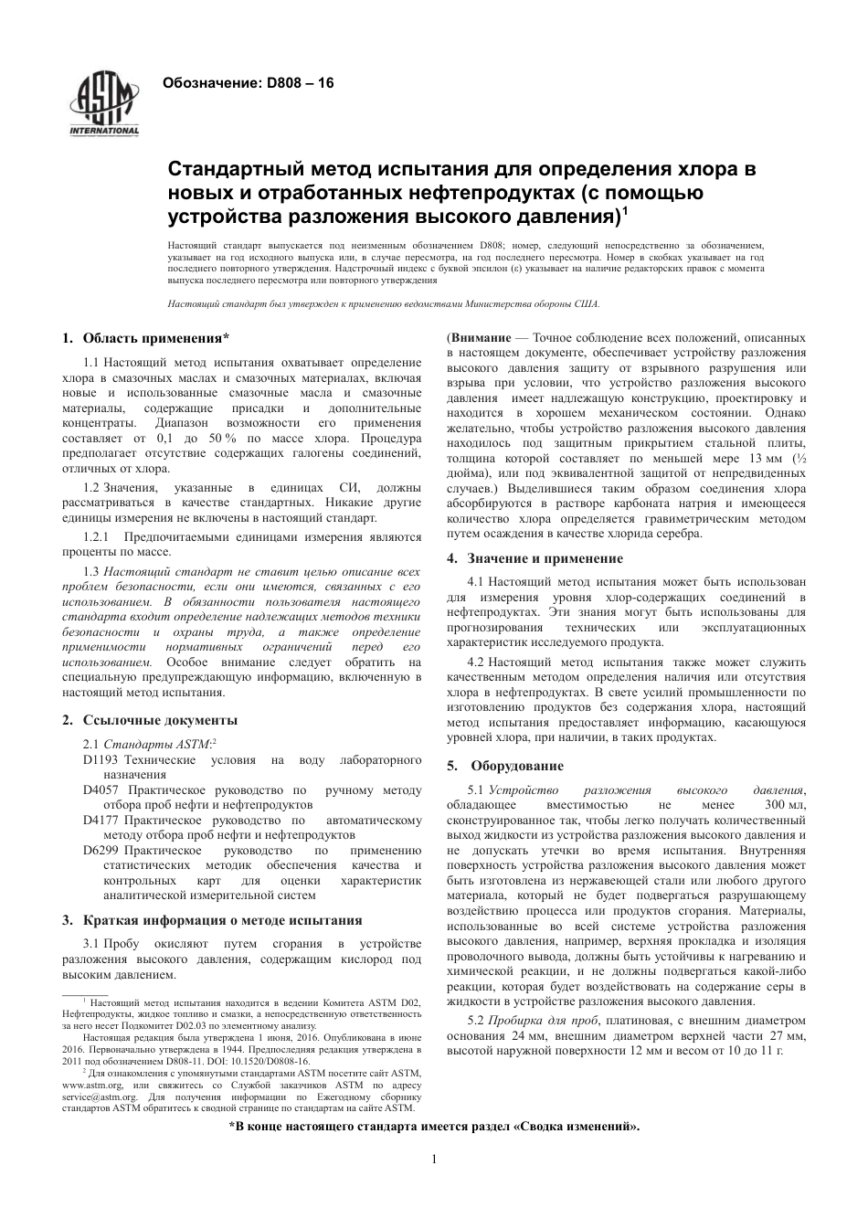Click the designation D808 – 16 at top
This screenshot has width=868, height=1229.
click(248, 83)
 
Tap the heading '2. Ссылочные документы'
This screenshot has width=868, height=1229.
click(150, 720)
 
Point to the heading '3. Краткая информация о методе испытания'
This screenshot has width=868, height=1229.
click(211, 920)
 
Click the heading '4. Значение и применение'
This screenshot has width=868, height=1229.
click(535, 558)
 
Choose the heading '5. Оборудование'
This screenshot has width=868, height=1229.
click(505, 766)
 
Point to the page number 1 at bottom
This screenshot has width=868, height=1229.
click(434, 1160)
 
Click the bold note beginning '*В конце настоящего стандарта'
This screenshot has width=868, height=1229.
click(434, 1127)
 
